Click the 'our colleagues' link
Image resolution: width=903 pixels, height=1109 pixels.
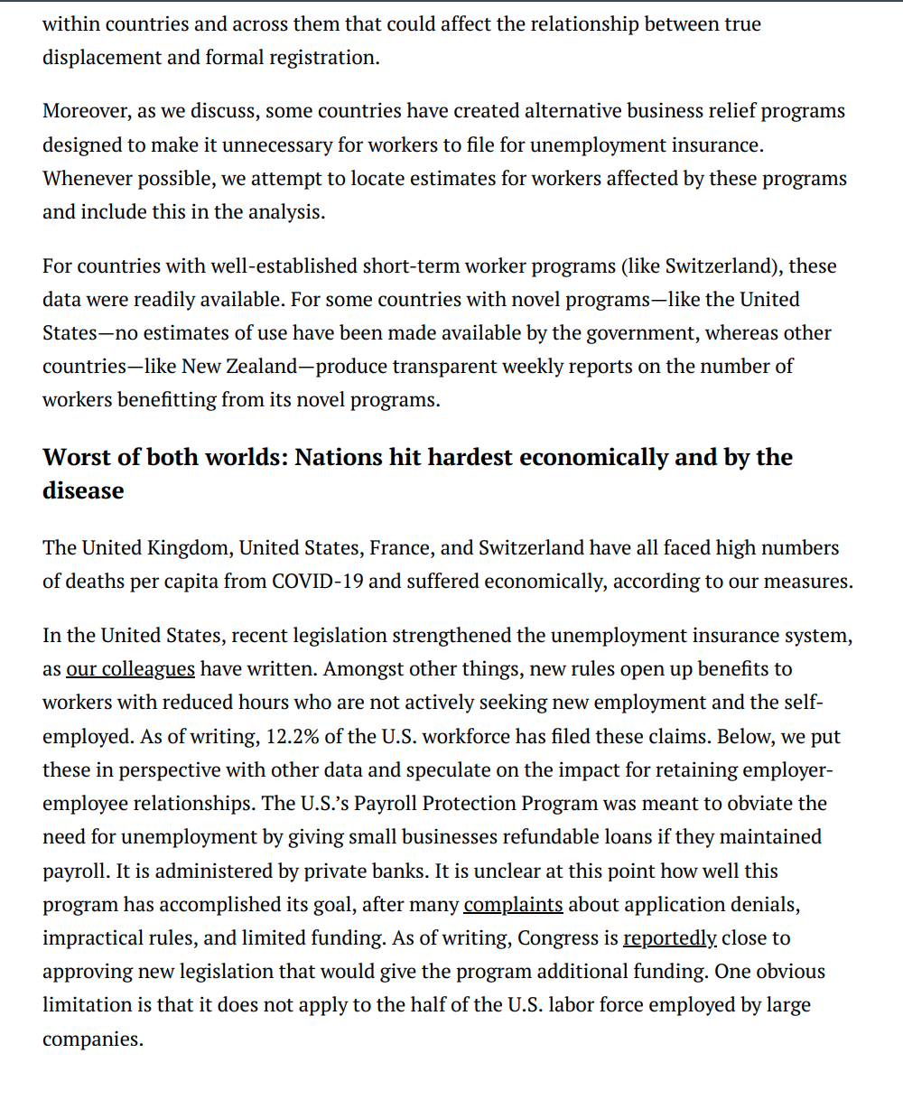(130, 669)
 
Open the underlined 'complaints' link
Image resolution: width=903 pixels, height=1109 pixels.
(513, 904)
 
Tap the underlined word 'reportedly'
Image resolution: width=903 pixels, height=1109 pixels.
(669, 937)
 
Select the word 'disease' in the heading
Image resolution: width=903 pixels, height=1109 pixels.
(83, 490)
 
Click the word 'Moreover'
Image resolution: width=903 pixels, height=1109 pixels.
(85, 111)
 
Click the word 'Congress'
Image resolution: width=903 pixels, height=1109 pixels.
(556, 937)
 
